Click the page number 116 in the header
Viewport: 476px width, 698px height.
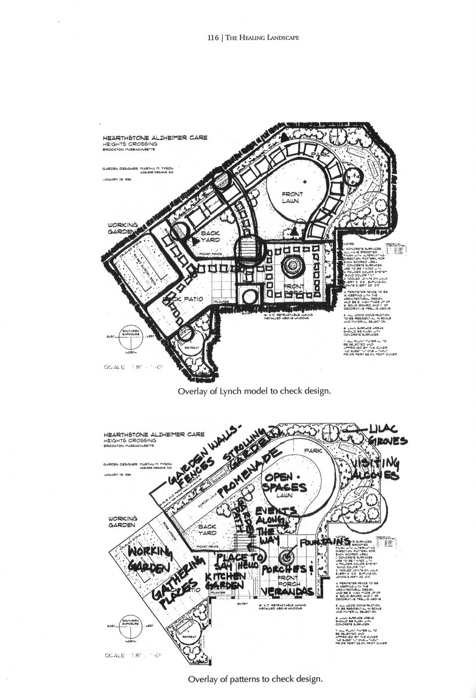click(x=212, y=37)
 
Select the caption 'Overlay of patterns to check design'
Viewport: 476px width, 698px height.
click(x=255, y=678)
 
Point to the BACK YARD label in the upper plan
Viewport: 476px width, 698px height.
click(x=209, y=236)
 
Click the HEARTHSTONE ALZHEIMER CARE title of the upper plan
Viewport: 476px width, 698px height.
click(x=155, y=138)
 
